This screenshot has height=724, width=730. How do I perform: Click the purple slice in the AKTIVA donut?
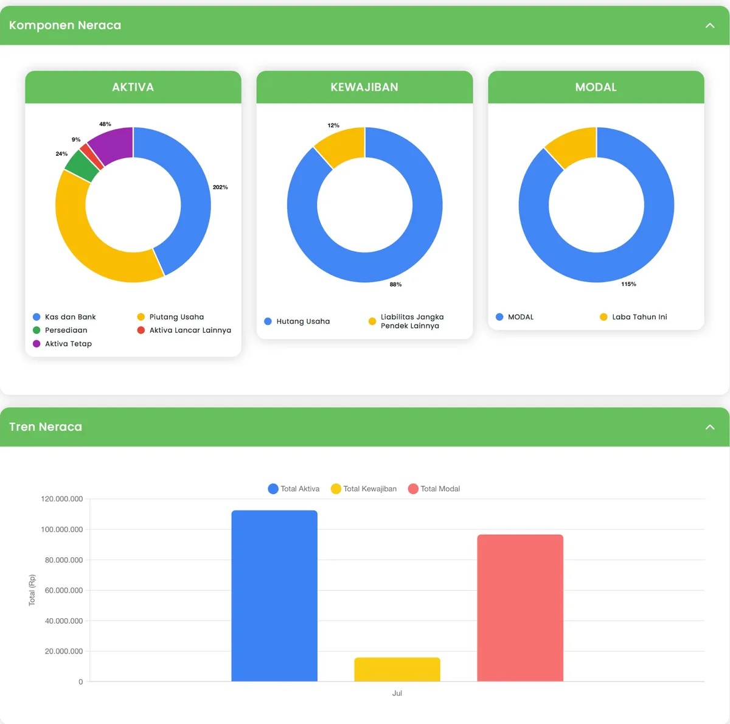click(x=114, y=145)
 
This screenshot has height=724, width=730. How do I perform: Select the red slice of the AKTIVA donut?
click(x=91, y=156)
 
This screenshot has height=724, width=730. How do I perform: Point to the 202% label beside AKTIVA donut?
click(x=220, y=187)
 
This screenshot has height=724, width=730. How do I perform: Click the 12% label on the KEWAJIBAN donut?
click(x=333, y=125)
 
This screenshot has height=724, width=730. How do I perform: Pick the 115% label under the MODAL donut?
click(x=628, y=284)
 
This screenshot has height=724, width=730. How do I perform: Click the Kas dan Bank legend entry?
click(x=64, y=317)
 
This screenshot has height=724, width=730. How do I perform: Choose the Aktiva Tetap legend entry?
click(x=63, y=344)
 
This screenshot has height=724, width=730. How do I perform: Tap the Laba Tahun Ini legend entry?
click(x=633, y=317)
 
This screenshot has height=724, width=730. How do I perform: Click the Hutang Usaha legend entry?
click(x=297, y=321)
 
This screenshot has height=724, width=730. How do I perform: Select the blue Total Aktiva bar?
click(x=274, y=596)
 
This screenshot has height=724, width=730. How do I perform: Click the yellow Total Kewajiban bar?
click(x=397, y=669)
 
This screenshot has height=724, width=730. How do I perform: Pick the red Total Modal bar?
click(x=520, y=608)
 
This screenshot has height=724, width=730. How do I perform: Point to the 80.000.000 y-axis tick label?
click(x=64, y=560)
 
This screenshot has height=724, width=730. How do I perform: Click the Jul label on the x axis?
click(x=397, y=693)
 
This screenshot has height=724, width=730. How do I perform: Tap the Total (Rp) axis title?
click(x=32, y=590)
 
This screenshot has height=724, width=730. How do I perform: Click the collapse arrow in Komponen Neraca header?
click(x=710, y=26)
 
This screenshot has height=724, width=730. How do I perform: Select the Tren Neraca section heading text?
click(x=46, y=427)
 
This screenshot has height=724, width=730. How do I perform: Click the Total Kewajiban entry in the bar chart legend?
click(x=364, y=489)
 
